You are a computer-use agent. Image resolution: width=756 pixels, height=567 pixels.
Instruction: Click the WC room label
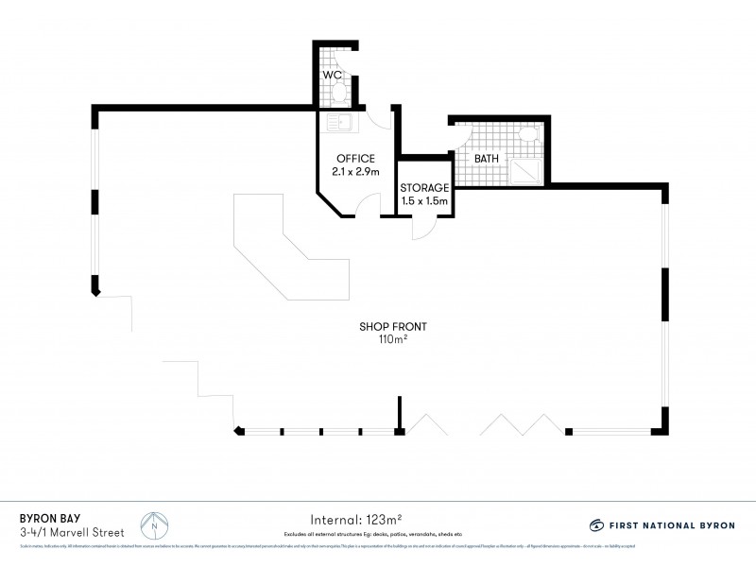click(x=332, y=74)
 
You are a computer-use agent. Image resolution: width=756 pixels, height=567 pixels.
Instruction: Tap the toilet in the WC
click(x=341, y=93)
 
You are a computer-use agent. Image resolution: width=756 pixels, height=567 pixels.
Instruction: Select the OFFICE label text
click(x=355, y=158)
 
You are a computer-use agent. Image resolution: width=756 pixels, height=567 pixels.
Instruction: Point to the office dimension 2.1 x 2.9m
click(x=355, y=172)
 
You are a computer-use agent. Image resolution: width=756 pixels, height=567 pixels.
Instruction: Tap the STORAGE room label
click(x=423, y=187)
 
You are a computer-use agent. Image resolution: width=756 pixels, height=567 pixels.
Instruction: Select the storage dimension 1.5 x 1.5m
click(x=423, y=201)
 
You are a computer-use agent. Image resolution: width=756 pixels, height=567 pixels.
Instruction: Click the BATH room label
click(x=486, y=159)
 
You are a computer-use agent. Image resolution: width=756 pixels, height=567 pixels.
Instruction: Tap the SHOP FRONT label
click(x=393, y=327)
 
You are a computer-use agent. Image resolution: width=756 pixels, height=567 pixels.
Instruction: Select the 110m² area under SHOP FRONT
click(x=393, y=340)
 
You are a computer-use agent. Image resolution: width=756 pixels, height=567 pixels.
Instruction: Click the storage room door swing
click(x=424, y=228)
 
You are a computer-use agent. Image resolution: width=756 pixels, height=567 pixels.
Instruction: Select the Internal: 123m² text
click(x=356, y=519)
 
